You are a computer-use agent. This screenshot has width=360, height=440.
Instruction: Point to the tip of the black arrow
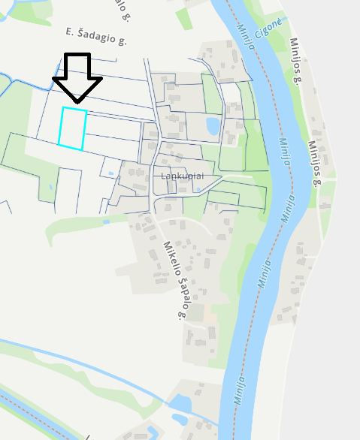pyautogui.click(x=77, y=102)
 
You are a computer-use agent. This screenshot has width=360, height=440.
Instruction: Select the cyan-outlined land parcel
pyautogui.click(x=72, y=128)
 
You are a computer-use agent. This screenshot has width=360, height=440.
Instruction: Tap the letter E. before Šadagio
pyautogui.click(x=70, y=31)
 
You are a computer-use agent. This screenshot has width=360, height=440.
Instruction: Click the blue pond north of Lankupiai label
pyautogui.click(x=213, y=125)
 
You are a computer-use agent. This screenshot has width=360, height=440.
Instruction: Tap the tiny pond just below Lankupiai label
pyautogui.click(x=198, y=189)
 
